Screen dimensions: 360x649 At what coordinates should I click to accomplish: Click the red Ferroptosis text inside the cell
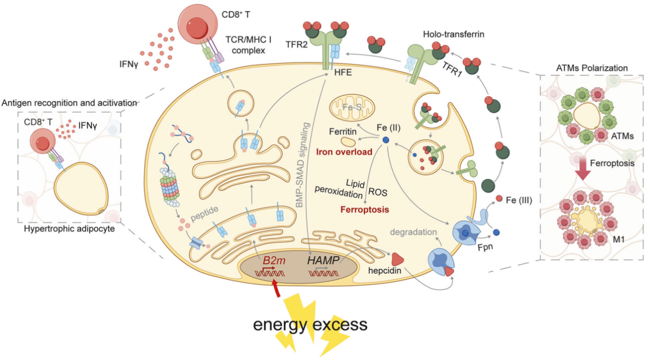(365, 209)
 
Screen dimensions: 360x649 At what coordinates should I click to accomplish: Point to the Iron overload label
(344, 152)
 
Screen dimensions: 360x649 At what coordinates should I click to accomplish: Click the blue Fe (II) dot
(386, 140)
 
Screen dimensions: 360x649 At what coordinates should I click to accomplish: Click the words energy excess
(310, 325)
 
